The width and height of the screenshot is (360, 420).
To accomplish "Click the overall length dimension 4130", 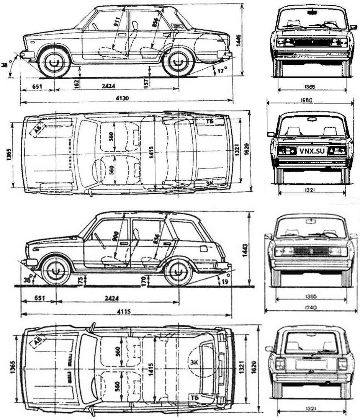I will pyautogui.click(x=123, y=98).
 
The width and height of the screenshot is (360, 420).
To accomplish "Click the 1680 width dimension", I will pyautogui.click(x=310, y=100).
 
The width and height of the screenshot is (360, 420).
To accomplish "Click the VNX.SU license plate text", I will pyautogui.click(x=312, y=151).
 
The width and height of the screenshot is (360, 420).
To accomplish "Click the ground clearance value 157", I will pyautogui.click(x=146, y=83).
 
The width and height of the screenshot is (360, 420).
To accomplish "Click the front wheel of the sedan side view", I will pyautogui.click(x=54, y=62).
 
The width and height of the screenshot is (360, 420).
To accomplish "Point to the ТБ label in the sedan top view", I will pyautogui.click(x=209, y=121).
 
